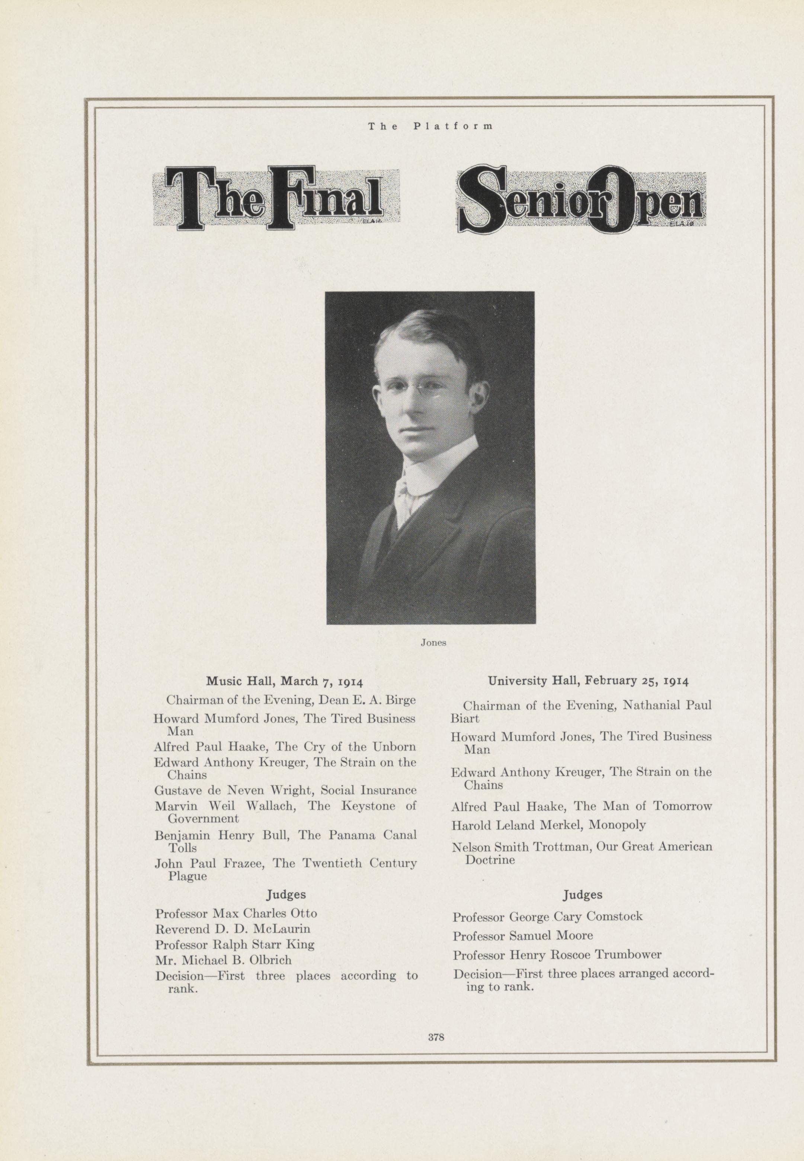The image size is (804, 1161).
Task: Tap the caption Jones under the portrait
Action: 433,643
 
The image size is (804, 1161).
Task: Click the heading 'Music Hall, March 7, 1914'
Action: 284,681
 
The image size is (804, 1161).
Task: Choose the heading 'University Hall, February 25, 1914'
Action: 588,681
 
